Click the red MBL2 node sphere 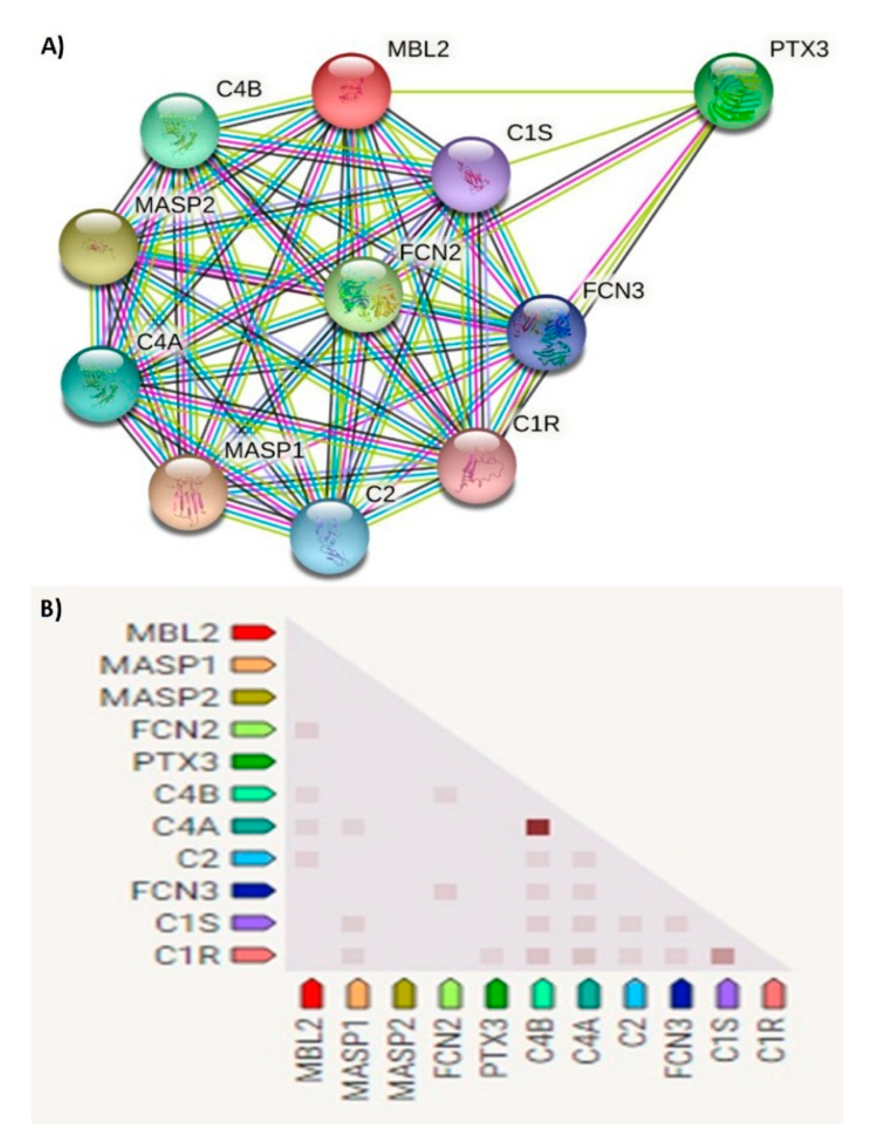[x=351, y=91]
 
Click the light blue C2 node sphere [x=330, y=537]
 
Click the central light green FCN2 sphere [x=363, y=295]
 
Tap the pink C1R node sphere [x=477, y=461]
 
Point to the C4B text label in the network [x=239, y=89]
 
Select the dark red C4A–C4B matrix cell [x=537, y=827]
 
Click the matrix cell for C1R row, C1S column [x=723, y=955]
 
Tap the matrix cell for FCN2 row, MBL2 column [x=307, y=730]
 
